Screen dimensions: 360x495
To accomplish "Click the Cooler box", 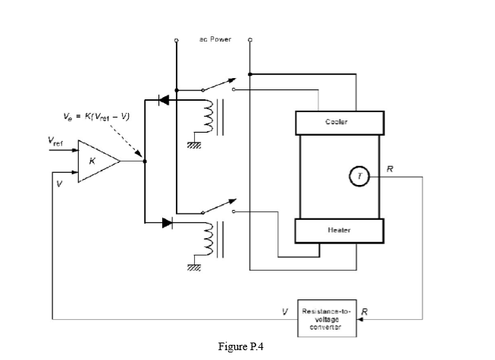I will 337,122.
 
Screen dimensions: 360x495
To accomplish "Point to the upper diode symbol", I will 163,100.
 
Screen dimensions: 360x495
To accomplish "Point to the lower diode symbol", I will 167,223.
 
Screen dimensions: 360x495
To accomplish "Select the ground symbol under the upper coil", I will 194,146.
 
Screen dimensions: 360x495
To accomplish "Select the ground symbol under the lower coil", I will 194,268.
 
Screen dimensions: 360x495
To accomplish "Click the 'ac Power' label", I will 216,39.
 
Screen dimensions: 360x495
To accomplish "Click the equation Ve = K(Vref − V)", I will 96,116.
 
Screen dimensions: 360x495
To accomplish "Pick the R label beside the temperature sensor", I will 389,168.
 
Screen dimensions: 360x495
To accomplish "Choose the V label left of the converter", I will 285,311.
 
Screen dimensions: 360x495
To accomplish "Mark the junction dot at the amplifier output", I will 144,161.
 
